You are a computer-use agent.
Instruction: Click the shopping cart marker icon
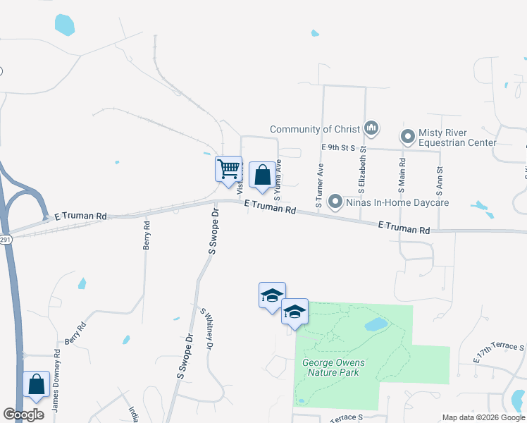[228, 170]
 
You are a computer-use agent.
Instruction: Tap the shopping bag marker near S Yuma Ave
[262, 175]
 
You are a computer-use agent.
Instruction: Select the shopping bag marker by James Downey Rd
[37, 385]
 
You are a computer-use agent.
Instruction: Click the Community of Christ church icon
[371, 129]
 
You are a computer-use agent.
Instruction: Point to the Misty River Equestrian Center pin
[407, 136]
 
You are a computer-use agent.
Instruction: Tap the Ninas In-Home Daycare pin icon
[335, 202]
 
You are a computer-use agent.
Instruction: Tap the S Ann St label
[439, 180]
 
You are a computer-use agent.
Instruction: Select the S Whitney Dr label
[207, 330]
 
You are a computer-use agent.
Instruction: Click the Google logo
[24, 415]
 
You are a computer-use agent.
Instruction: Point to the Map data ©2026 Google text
[483, 417]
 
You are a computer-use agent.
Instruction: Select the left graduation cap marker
[272, 295]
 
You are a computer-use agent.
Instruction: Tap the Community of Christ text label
[315, 129]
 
